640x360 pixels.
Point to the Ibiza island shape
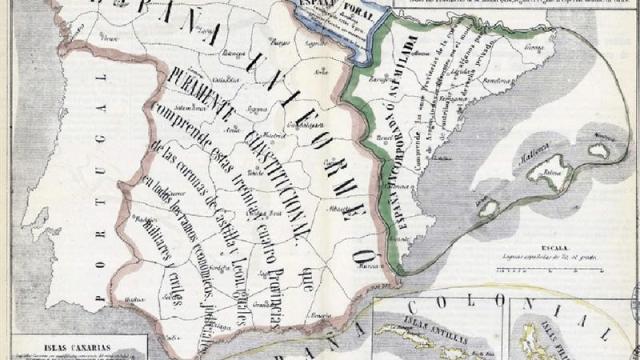pos(489,209)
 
